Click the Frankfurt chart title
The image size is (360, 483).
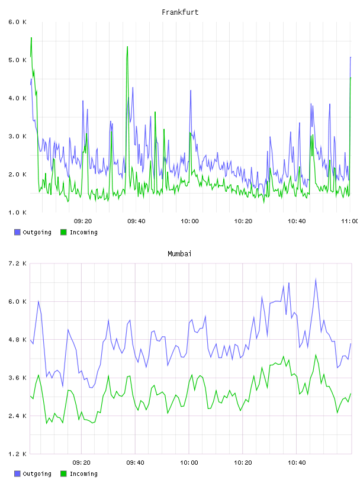click(180, 12)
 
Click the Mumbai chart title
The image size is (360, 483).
click(179, 254)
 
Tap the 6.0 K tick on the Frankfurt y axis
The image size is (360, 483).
click(18, 22)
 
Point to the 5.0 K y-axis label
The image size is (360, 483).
click(18, 60)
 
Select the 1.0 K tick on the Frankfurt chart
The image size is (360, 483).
click(18, 212)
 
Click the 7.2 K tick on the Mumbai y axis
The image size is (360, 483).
click(18, 263)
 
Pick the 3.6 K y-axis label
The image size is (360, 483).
click(18, 378)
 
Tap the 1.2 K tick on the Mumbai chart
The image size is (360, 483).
click(18, 454)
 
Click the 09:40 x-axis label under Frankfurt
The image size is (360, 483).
click(136, 221)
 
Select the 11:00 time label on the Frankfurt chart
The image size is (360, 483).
click(350, 221)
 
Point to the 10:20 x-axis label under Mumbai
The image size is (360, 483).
click(243, 463)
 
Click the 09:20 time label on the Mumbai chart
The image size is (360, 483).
click(82, 463)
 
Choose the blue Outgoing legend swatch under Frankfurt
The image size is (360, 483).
click(17, 232)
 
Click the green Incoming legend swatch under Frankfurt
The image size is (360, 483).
click(63, 232)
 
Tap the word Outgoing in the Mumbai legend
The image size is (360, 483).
click(37, 474)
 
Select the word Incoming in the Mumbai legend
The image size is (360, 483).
click(83, 474)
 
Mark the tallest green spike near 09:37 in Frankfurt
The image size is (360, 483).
click(127, 47)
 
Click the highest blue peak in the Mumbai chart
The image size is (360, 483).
click(316, 279)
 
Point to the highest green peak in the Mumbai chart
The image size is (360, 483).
click(316, 355)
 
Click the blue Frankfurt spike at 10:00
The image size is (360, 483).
click(191, 91)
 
